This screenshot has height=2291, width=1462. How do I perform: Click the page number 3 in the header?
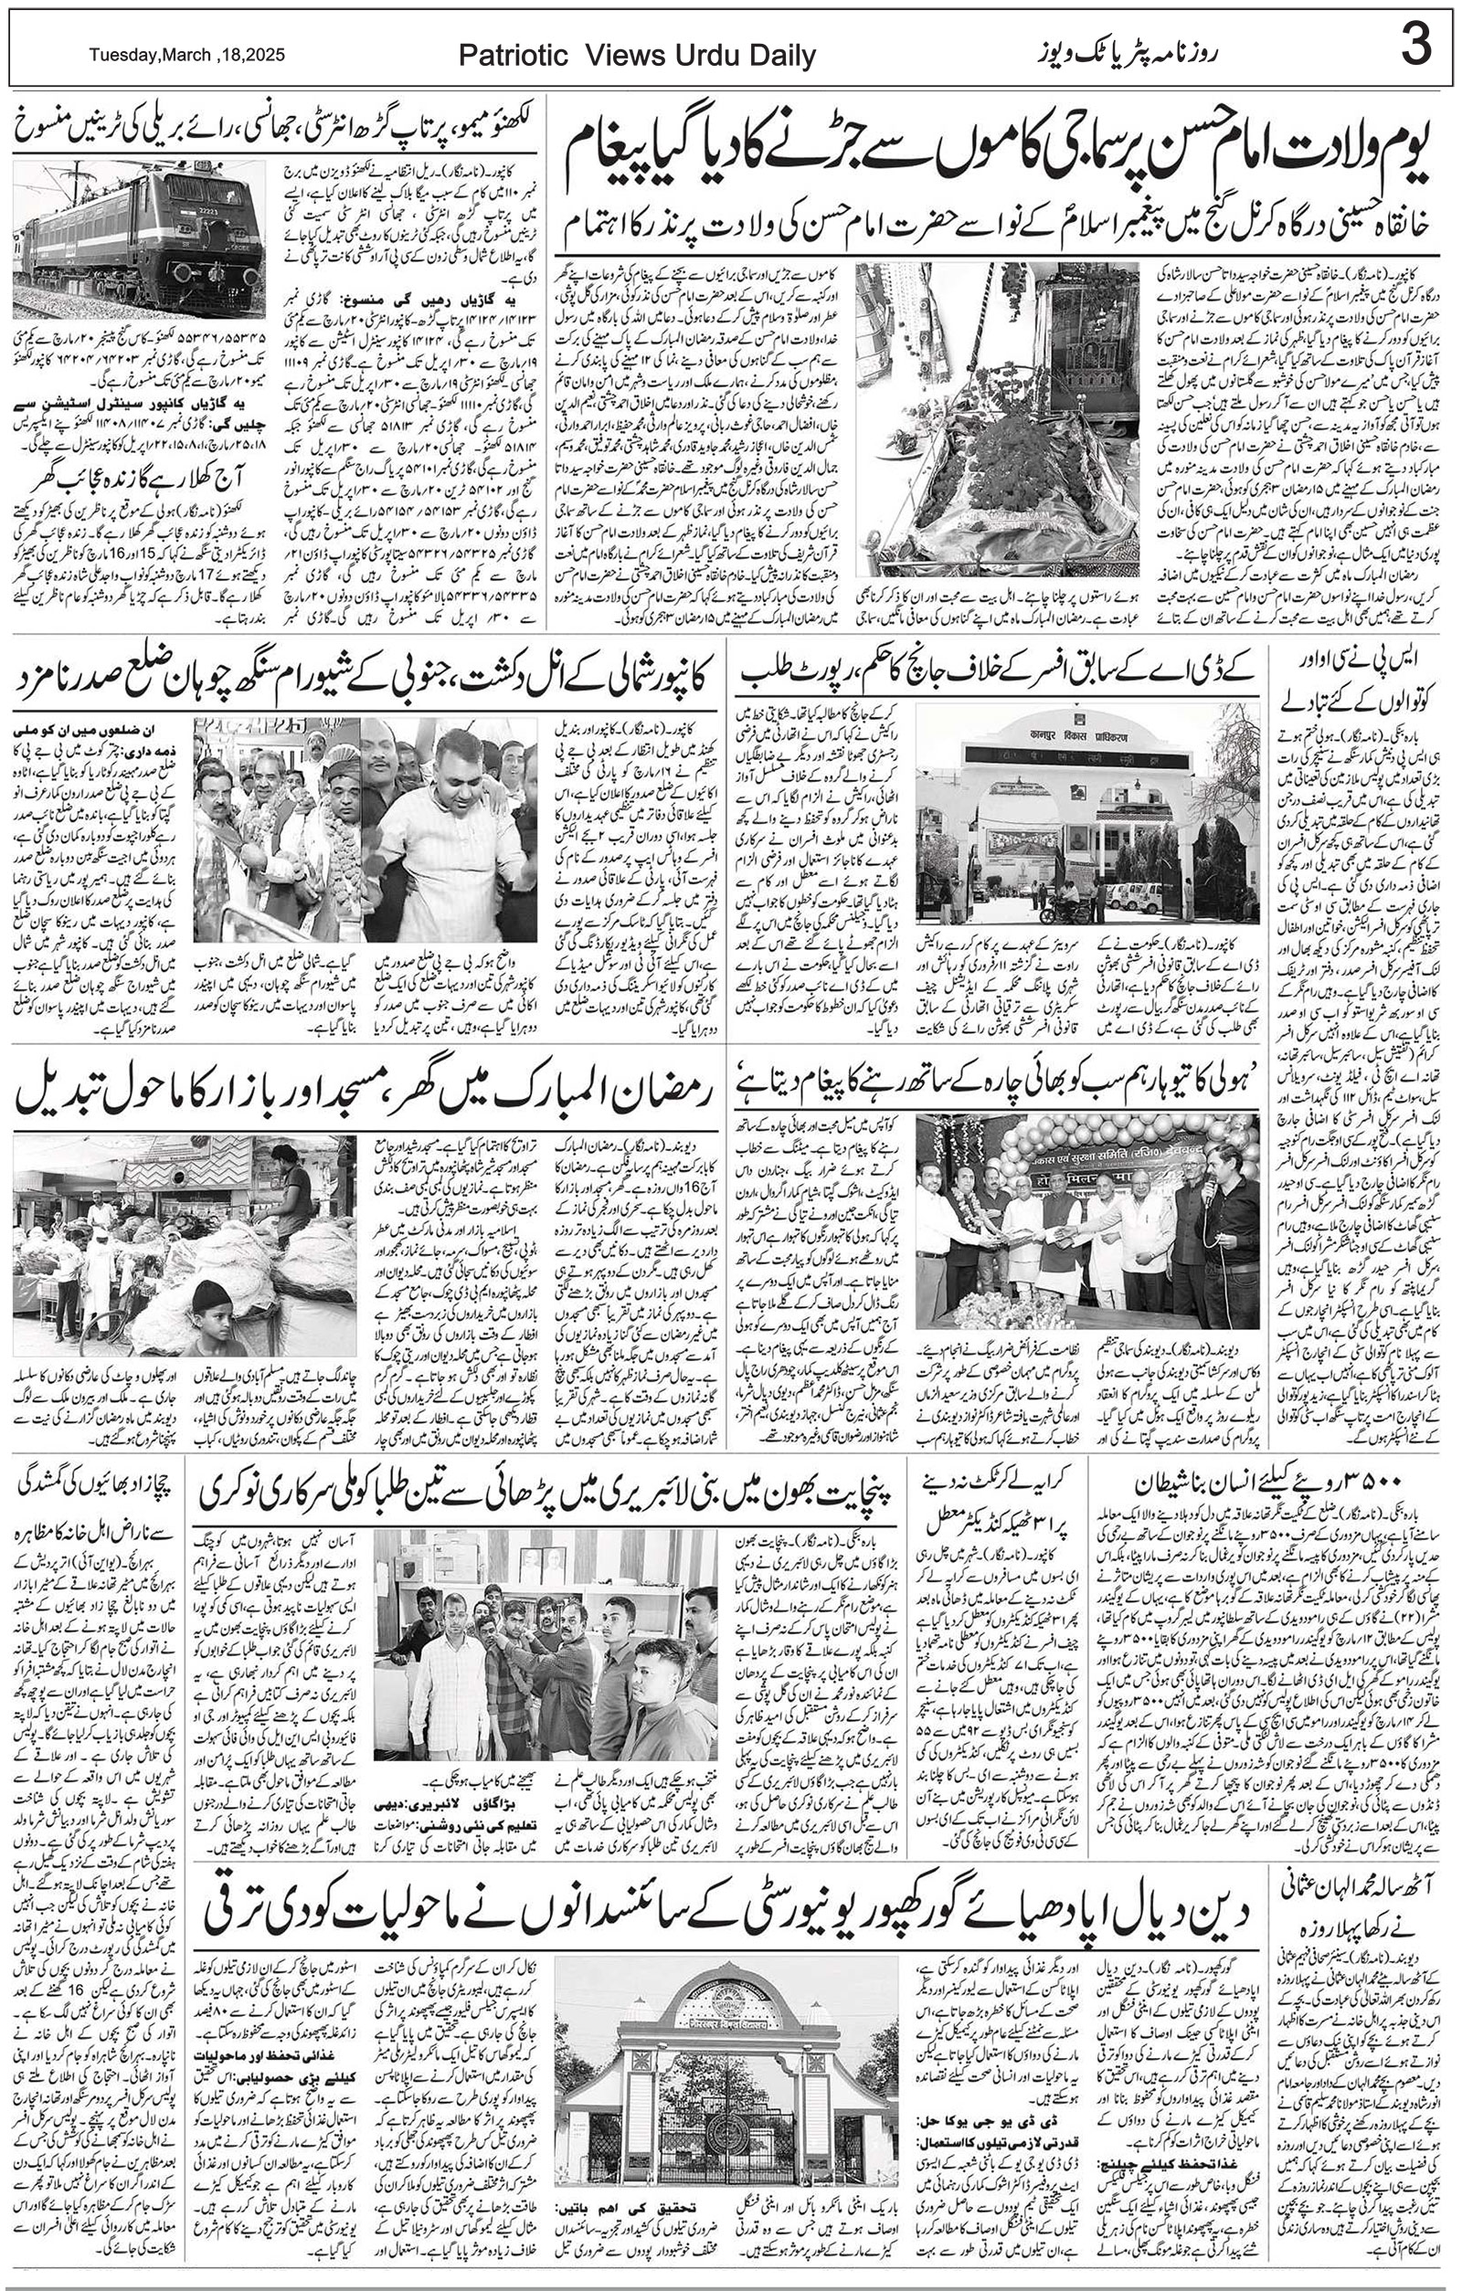(1415, 48)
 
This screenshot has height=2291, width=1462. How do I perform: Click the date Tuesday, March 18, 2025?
(187, 55)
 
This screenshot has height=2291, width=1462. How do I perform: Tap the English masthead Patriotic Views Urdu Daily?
(637, 56)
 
